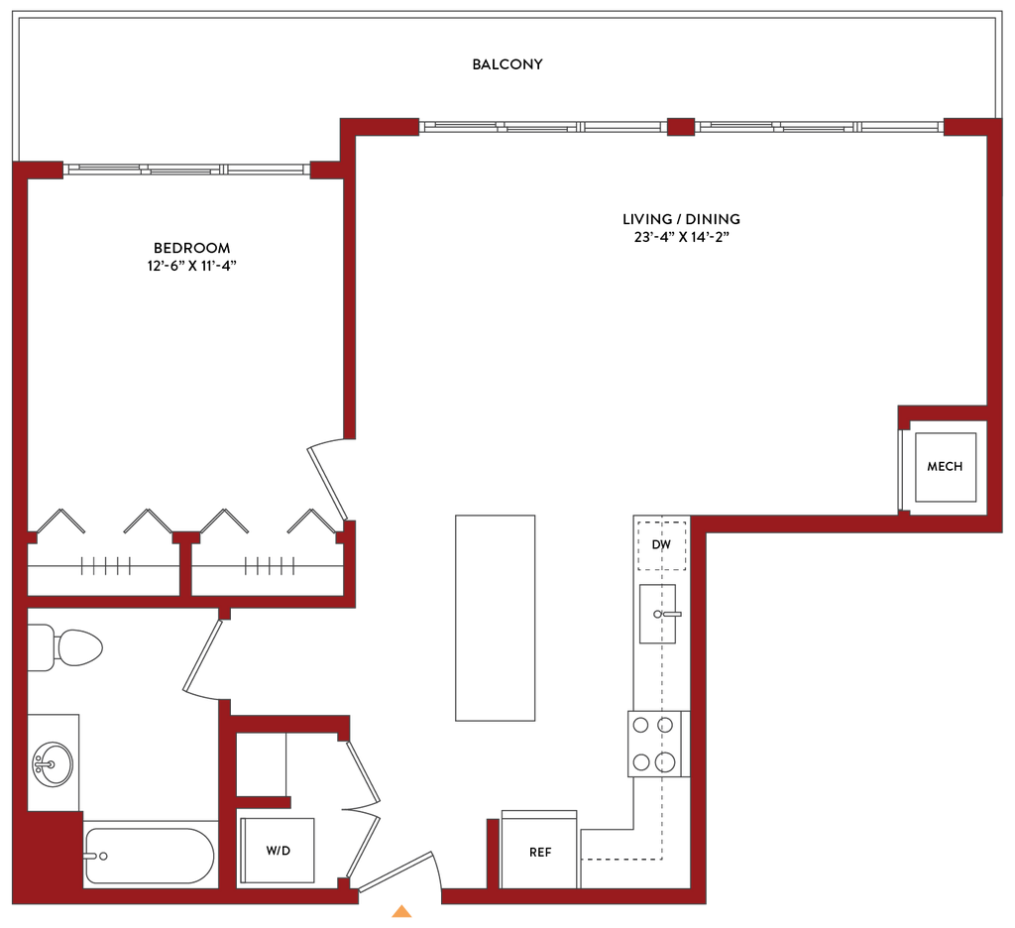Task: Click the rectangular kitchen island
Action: point(496,617)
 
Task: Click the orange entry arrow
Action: point(399,910)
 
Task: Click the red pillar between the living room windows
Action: point(680,127)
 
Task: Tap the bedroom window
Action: point(188,171)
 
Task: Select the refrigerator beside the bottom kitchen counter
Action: point(539,849)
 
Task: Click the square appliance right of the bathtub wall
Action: point(277,851)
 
